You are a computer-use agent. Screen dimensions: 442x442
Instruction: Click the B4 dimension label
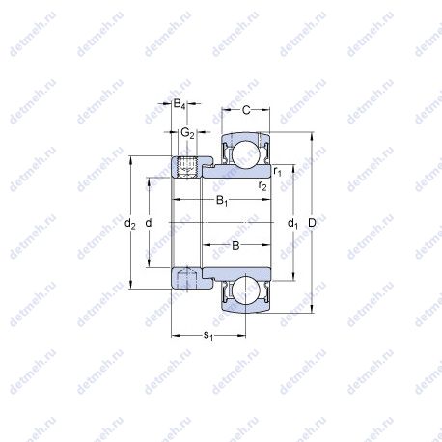pyautogui.click(x=180, y=104)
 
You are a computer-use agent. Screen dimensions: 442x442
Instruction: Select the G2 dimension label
pyautogui.click(x=187, y=132)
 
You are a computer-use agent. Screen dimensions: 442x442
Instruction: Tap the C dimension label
pyautogui.click(x=246, y=110)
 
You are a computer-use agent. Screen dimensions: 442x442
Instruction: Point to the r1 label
pyautogui.click(x=277, y=171)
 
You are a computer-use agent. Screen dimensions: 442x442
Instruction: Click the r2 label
pyautogui.click(x=262, y=185)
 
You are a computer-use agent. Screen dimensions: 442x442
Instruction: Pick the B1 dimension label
pyautogui.click(x=222, y=201)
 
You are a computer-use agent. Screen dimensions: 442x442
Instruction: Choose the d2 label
pyautogui.click(x=130, y=223)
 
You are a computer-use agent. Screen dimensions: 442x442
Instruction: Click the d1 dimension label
pyautogui.click(x=292, y=223)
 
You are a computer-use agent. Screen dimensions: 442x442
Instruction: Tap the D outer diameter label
pyautogui.click(x=312, y=223)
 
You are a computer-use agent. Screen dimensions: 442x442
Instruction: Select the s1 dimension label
pyautogui.click(x=208, y=336)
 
